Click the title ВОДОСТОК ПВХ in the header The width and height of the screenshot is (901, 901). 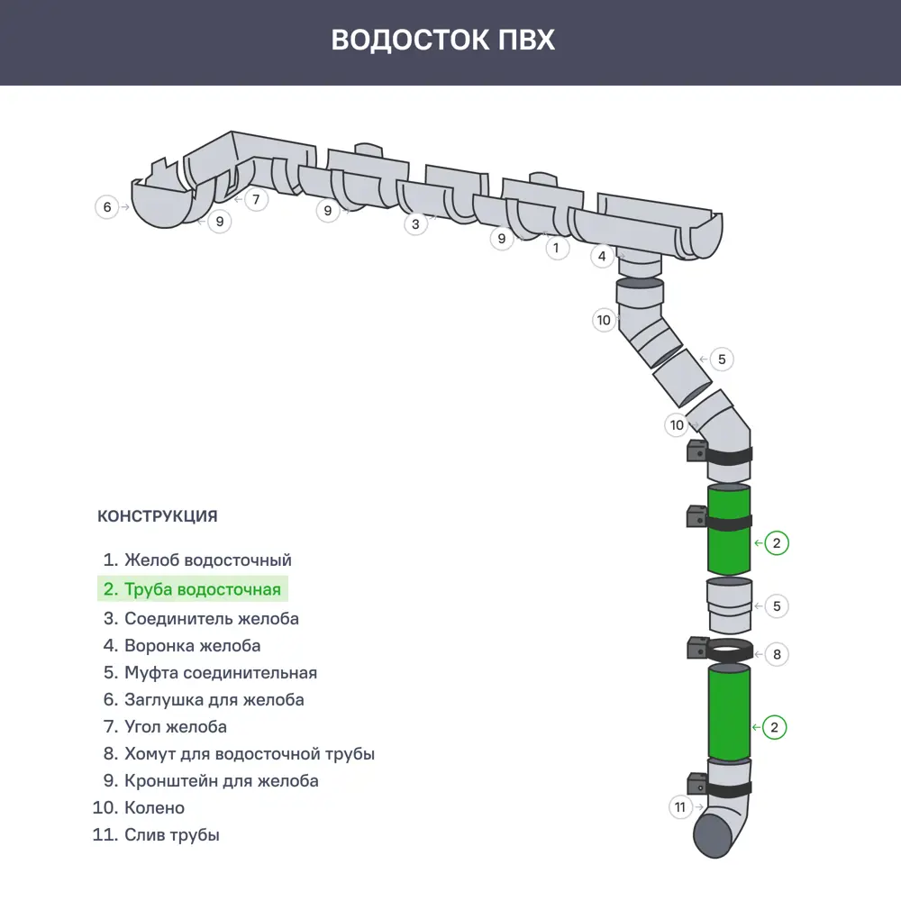(x=442, y=41)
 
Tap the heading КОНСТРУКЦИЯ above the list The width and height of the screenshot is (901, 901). (x=157, y=516)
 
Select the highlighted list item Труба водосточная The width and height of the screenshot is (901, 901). (x=193, y=589)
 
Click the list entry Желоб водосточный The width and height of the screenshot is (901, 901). (x=197, y=560)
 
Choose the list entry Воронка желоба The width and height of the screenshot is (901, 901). (x=182, y=645)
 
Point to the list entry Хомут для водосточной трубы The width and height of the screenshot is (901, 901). (x=239, y=753)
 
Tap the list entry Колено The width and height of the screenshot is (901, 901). (x=143, y=807)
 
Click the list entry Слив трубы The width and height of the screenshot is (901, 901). (x=157, y=834)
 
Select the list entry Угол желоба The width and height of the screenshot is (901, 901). (x=165, y=726)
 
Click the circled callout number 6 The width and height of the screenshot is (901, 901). (x=107, y=207)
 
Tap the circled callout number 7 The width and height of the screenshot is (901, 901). (x=256, y=199)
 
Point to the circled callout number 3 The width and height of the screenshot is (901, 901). (x=414, y=224)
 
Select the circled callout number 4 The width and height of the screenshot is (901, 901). (x=603, y=257)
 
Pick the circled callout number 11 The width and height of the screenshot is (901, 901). (x=681, y=807)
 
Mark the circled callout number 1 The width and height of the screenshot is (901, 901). (x=557, y=247)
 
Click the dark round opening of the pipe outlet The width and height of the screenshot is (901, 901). (x=717, y=837)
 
